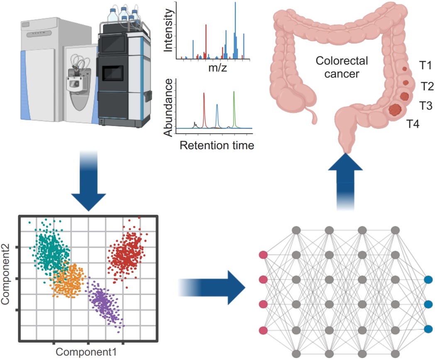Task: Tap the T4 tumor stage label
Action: pyautogui.click(x=413, y=124)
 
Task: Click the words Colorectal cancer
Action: pyautogui.click(x=342, y=67)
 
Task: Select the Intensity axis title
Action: pyautogui.click(x=169, y=31)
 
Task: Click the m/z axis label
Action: pyautogui.click(x=217, y=67)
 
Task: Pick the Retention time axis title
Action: pyautogui.click(x=217, y=145)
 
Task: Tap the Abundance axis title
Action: pyautogui.click(x=169, y=107)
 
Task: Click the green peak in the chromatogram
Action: pyautogui.click(x=234, y=110)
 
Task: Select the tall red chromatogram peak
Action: pyautogui.click(x=204, y=110)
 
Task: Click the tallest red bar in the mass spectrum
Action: pyautogui.click(x=206, y=41)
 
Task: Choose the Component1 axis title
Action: pyautogui.click(x=86, y=352)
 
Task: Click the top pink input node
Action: pyautogui.click(x=263, y=255)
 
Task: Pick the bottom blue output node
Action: pyautogui.click(x=428, y=329)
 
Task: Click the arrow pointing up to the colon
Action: pyautogui.click(x=345, y=181)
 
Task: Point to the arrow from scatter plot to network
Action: pyautogui.click(x=212, y=288)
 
